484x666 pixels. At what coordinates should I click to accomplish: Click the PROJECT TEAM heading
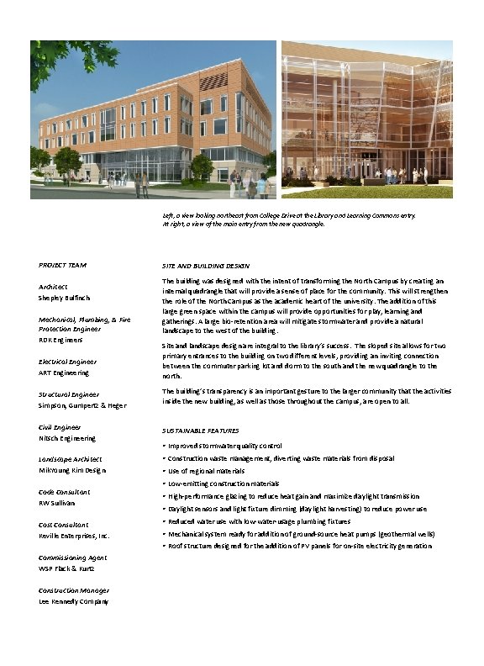[x=62, y=266]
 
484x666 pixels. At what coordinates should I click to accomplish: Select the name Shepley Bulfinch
[x=65, y=299]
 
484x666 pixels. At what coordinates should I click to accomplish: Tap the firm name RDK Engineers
[x=60, y=341]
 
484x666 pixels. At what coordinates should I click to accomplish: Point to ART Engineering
[x=64, y=373]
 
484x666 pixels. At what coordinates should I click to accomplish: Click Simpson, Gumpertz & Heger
[x=82, y=405]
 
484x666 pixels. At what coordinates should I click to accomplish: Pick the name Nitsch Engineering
[x=67, y=438]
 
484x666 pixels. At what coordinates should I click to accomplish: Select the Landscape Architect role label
[x=70, y=459]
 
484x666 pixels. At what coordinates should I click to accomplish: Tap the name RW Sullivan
[x=57, y=503]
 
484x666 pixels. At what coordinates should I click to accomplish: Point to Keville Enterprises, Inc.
[x=74, y=536]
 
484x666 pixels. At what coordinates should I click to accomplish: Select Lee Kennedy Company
[x=74, y=601]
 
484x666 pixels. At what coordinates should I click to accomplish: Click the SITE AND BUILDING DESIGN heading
[x=205, y=266]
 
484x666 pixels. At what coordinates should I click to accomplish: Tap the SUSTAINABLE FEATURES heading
[x=200, y=430]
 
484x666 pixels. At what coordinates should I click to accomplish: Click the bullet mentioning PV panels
[x=300, y=546]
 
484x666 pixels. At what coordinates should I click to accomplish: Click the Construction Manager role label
[x=74, y=590]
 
